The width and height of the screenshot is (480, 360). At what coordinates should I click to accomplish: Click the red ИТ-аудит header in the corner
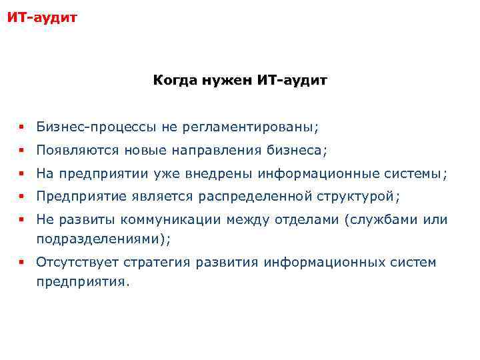pos(42,16)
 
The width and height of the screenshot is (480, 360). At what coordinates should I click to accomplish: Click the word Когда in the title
pos(173,81)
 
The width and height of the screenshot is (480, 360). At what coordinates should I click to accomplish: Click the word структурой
pos(360,197)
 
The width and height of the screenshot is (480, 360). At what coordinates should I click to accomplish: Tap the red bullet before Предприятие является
pos(22,197)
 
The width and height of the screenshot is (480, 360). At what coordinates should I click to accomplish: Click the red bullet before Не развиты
pos(22,220)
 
